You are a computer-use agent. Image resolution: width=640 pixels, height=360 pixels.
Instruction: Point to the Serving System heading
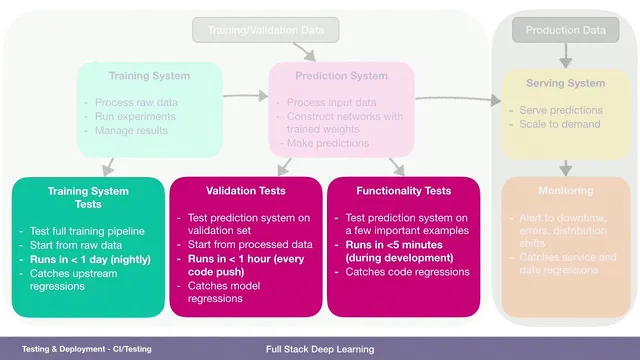coord(566,82)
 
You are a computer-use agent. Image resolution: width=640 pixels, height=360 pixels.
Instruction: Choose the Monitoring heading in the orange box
coord(565,189)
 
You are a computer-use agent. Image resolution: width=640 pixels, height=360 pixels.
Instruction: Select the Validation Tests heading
coord(246,190)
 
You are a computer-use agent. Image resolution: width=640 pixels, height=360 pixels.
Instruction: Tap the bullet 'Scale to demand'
coord(559,124)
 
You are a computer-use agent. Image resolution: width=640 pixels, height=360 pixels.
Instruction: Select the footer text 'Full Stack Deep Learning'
coord(320,349)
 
